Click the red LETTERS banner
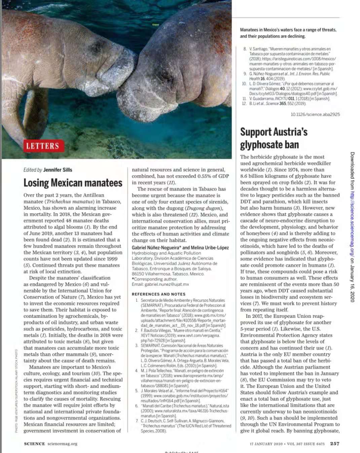click(42, 146)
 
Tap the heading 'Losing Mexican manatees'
click(73, 183)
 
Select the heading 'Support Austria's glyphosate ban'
click(274, 138)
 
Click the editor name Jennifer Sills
click(58, 170)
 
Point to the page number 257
click(334, 444)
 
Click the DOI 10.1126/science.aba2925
click(315, 115)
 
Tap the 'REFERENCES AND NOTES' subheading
click(158, 294)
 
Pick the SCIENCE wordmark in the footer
click(34, 444)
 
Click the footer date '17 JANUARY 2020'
click(266, 444)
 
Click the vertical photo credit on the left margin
click(16, 391)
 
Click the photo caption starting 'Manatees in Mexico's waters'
click(288, 33)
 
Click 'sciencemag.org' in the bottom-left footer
click(62, 444)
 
